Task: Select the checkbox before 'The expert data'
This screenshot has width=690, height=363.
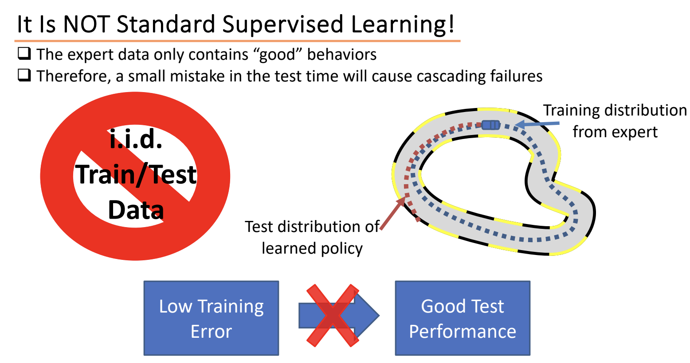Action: [x=24, y=53]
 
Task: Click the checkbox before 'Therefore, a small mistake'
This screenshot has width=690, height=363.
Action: [x=24, y=75]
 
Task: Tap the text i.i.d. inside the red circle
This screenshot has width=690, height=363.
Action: [x=136, y=140]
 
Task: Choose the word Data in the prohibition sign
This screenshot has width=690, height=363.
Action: [x=136, y=210]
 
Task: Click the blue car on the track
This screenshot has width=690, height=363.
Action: [x=491, y=125]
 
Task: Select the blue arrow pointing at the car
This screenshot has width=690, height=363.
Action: [x=537, y=124]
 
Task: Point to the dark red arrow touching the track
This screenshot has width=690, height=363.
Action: [x=393, y=213]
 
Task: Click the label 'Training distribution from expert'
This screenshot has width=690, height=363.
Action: [x=615, y=121]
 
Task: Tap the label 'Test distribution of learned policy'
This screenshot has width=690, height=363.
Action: [x=312, y=237]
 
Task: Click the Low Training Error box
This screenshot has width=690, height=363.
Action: [x=212, y=318]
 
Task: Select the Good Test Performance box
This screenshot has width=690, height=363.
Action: [x=463, y=318]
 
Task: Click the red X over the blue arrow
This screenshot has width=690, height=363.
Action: [x=333, y=316]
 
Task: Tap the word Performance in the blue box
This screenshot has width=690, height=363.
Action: [x=463, y=332]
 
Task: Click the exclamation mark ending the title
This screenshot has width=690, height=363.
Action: [x=451, y=24]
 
